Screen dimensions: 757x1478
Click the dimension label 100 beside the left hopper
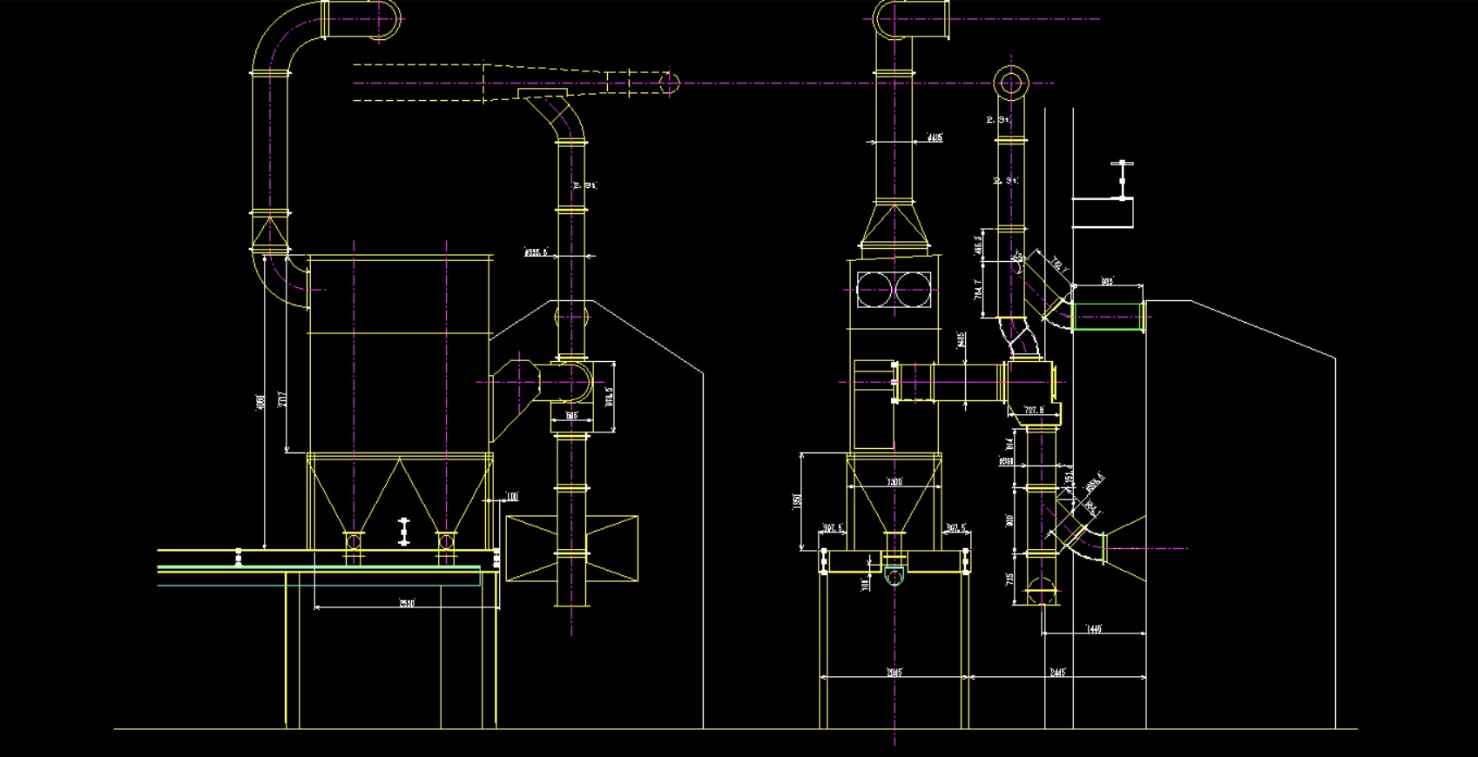[x=511, y=497]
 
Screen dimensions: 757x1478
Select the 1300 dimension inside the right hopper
[x=894, y=482]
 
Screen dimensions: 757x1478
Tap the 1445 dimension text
[x=1095, y=628]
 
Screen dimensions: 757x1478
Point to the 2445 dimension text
[x=1057, y=672]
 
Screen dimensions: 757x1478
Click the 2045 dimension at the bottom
[x=894, y=672]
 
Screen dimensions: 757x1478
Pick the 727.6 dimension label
[x=1034, y=410]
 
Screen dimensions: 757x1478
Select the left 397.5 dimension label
[x=833, y=528]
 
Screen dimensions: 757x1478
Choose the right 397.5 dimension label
[x=956, y=528]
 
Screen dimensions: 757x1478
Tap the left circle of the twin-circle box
[x=875, y=290]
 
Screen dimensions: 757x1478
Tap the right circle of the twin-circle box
[x=914, y=290]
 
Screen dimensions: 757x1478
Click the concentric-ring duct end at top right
[x=1011, y=84]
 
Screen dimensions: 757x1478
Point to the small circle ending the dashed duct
[x=669, y=84]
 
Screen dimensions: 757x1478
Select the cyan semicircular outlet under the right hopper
[x=894, y=576]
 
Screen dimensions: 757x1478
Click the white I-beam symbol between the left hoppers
[x=403, y=531]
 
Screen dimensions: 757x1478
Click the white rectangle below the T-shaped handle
[x=1103, y=213]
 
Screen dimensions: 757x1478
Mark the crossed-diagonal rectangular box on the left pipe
[x=571, y=548]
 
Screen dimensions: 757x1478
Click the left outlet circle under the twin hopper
[x=353, y=542]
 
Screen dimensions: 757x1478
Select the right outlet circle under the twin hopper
[x=446, y=542]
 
